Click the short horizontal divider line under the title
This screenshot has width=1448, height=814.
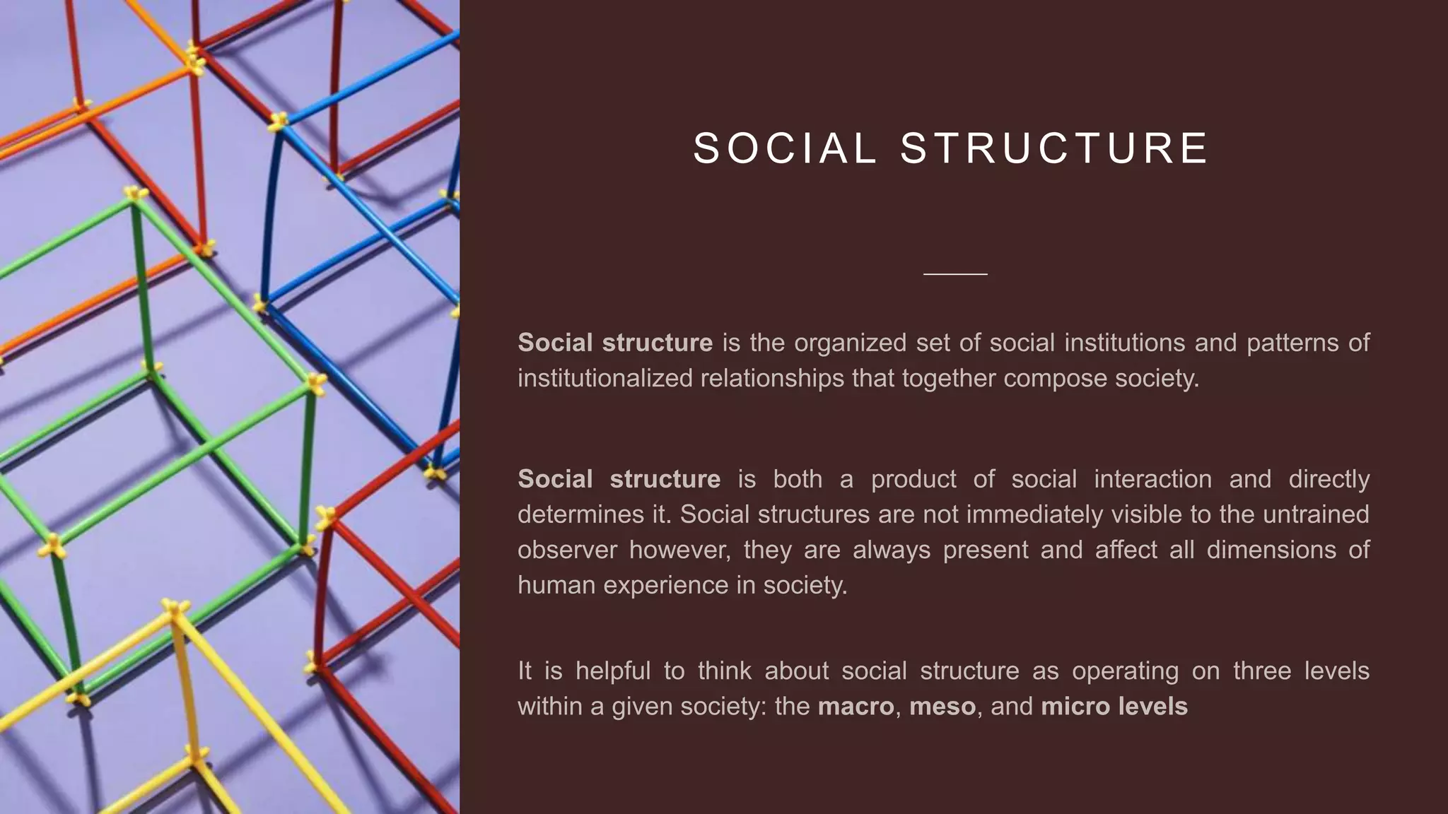click(955, 273)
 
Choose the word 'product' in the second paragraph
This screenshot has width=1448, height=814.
click(913, 479)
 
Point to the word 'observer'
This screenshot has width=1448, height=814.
click(567, 550)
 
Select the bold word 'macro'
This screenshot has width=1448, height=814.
click(856, 707)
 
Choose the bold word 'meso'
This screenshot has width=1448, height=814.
click(942, 707)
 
